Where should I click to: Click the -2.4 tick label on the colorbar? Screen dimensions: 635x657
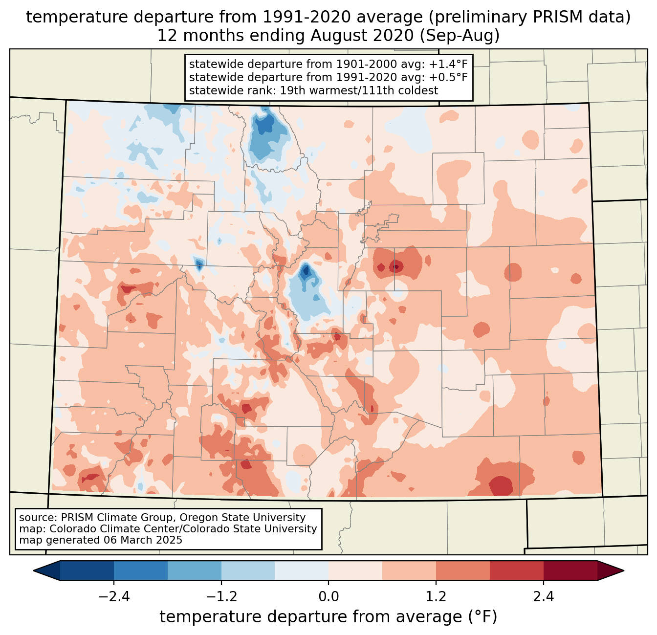click(113, 597)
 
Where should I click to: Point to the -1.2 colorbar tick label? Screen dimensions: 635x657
click(221, 597)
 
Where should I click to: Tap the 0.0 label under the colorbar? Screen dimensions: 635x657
click(328, 597)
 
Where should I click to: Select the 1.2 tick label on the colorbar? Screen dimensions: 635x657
click(436, 597)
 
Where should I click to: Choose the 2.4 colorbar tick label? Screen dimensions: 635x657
click(544, 597)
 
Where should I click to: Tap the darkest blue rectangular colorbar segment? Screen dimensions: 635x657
click(87, 570)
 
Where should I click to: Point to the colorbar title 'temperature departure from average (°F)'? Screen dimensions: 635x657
click(328, 617)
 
